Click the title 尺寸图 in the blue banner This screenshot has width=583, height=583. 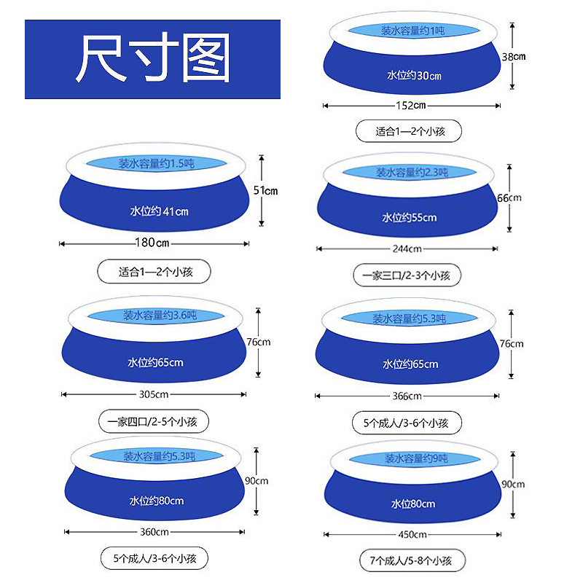click(153, 58)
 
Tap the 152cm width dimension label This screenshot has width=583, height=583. click(411, 106)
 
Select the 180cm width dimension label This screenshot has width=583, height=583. click(154, 243)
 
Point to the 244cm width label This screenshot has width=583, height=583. click(407, 249)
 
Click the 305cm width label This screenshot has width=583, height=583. click(154, 394)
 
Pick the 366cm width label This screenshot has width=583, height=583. click(407, 396)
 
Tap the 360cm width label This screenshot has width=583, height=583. click(154, 531)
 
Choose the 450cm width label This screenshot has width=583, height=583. click(412, 534)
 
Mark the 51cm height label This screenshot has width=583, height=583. click(266, 190)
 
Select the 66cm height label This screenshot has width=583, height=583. click(510, 197)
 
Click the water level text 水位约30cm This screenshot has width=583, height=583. click(414, 76)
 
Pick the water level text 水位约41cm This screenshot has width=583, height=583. click(159, 211)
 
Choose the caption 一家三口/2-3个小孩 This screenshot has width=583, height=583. click(407, 275)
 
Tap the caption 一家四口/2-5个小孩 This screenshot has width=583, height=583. click(153, 421)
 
